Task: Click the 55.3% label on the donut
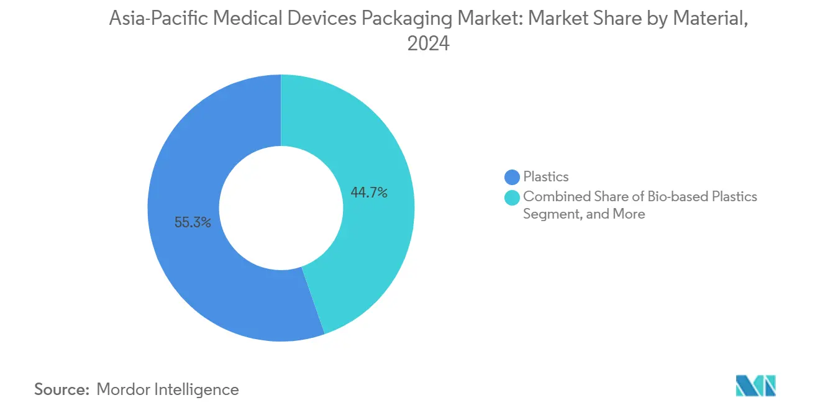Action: (193, 222)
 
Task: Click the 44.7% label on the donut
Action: (369, 193)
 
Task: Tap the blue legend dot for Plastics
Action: (512, 177)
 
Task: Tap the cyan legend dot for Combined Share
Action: (512, 197)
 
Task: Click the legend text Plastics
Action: (545, 177)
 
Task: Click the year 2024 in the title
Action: (428, 43)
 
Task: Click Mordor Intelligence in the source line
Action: (167, 389)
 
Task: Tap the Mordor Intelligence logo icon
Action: (755, 386)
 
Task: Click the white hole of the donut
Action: (281, 208)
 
